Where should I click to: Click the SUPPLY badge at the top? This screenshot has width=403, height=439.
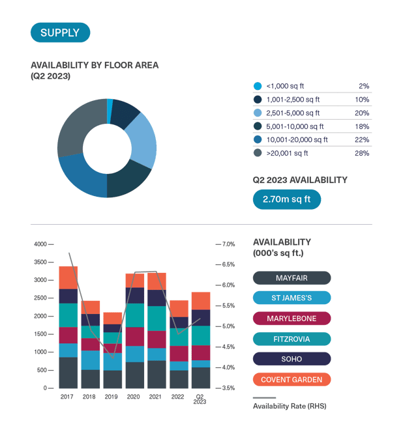pos(60,33)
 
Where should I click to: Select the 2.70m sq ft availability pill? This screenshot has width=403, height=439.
pos(287,199)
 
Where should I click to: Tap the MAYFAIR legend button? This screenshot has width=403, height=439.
pos(291,278)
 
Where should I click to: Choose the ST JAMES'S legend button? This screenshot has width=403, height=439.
pos(291,298)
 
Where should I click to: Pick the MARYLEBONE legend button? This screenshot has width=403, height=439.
pos(291,319)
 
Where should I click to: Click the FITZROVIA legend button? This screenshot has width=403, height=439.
pos(291,339)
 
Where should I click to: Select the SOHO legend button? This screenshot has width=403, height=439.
pos(291,359)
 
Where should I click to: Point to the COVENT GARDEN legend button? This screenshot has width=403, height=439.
pos(291,379)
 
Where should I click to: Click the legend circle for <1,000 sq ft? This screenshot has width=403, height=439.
pos(258,86)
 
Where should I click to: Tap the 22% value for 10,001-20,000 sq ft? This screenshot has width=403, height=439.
pos(362,139)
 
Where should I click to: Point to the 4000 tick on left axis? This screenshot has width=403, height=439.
pos(40,244)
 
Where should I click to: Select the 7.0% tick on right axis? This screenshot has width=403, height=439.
pos(228,244)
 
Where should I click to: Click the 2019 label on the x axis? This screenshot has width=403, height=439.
pos(112,396)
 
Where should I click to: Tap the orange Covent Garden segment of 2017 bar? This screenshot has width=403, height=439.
pos(68,277)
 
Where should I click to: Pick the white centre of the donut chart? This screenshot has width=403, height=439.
pos(107,148)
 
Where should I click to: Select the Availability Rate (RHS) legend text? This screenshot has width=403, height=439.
pos(289,406)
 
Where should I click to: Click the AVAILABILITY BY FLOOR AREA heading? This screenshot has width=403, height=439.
pos(95,65)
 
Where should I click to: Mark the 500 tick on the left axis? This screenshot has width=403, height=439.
pos(41,370)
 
